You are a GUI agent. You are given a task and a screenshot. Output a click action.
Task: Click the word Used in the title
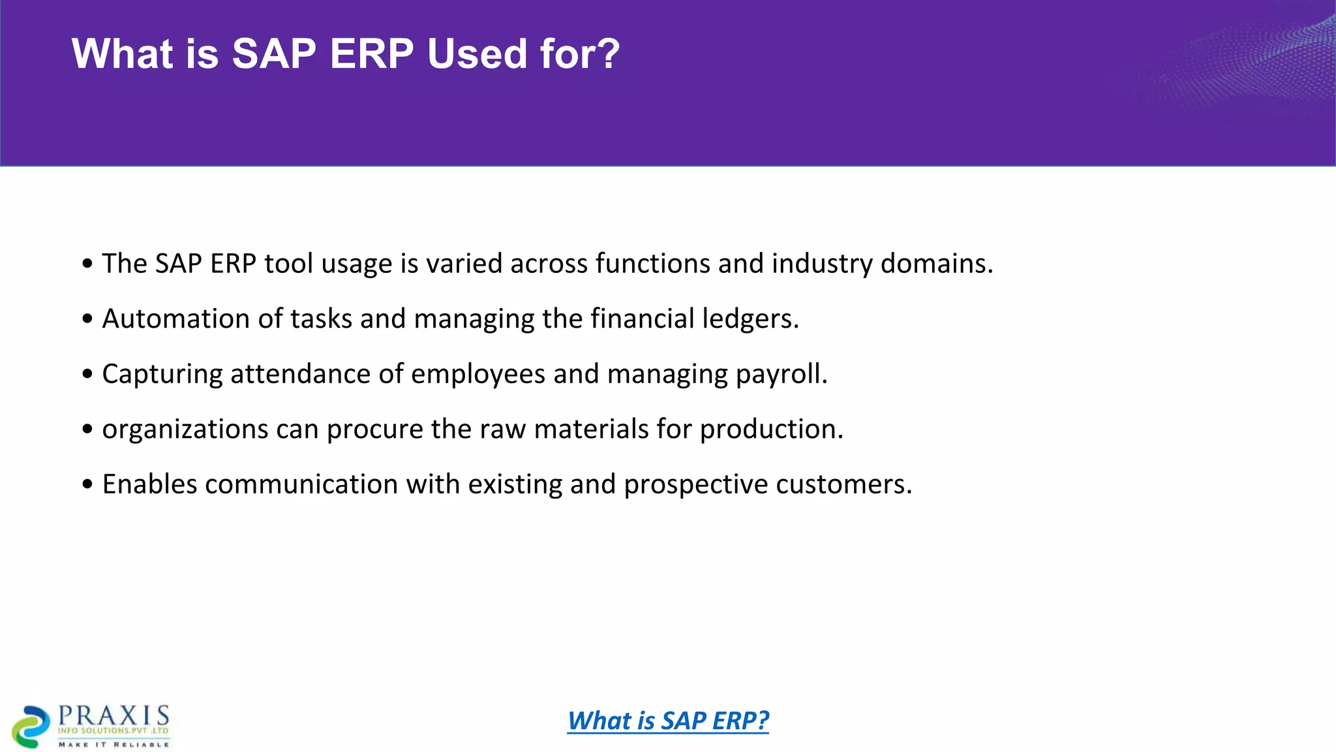[x=476, y=54]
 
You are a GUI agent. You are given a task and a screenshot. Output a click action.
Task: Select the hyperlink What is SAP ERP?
[x=668, y=721]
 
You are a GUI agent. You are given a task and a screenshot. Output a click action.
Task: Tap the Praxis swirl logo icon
[x=31, y=726]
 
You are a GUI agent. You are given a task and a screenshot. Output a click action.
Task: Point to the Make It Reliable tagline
[x=114, y=744]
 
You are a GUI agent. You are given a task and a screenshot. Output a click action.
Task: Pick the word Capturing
[x=162, y=375]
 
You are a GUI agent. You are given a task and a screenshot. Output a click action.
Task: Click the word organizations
[x=185, y=430]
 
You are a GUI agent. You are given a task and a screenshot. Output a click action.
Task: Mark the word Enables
[x=149, y=484]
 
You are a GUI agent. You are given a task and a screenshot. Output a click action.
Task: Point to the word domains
[x=936, y=264]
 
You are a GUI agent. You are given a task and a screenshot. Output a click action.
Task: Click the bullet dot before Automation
[x=87, y=320]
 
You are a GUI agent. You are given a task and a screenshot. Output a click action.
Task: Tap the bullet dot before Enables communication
[x=87, y=485]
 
